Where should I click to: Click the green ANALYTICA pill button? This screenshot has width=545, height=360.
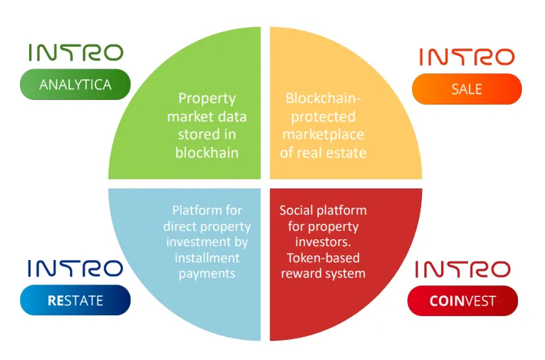click(x=75, y=85)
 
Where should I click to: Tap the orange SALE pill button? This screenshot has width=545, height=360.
click(x=467, y=89)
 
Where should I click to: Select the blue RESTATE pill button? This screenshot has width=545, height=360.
click(x=75, y=300)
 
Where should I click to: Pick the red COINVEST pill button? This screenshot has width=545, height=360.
click(x=463, y=301)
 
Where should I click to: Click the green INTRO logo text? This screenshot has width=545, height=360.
click(x=76, y=52)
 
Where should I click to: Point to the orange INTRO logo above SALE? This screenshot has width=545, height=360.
click(x=467, y=57)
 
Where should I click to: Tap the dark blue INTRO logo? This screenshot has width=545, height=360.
click(x=75, y=268)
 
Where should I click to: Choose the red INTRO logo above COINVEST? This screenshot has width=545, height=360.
click(x=463, y=269)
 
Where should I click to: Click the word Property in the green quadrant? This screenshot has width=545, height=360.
click(x=207, y=98)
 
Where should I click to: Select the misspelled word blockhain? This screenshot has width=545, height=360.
click(x=207, y=153)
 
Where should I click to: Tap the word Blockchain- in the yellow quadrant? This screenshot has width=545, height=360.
click(x=324, y=98)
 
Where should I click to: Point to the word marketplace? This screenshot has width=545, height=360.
click(x=324, y=135)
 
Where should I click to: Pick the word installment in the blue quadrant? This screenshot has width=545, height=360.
click(x=207, y=258)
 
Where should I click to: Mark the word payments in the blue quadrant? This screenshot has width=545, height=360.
click(x=207, y=274)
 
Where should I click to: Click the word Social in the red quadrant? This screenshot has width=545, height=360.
click(x=294, y=210)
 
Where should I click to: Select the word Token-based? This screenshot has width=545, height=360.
click(x=324, y=258)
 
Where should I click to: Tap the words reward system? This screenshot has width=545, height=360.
click(x=324, y=273)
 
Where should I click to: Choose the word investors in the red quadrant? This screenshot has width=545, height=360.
click(x=323, y=242)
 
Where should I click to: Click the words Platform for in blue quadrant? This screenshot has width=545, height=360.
click(x=207, y=210)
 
